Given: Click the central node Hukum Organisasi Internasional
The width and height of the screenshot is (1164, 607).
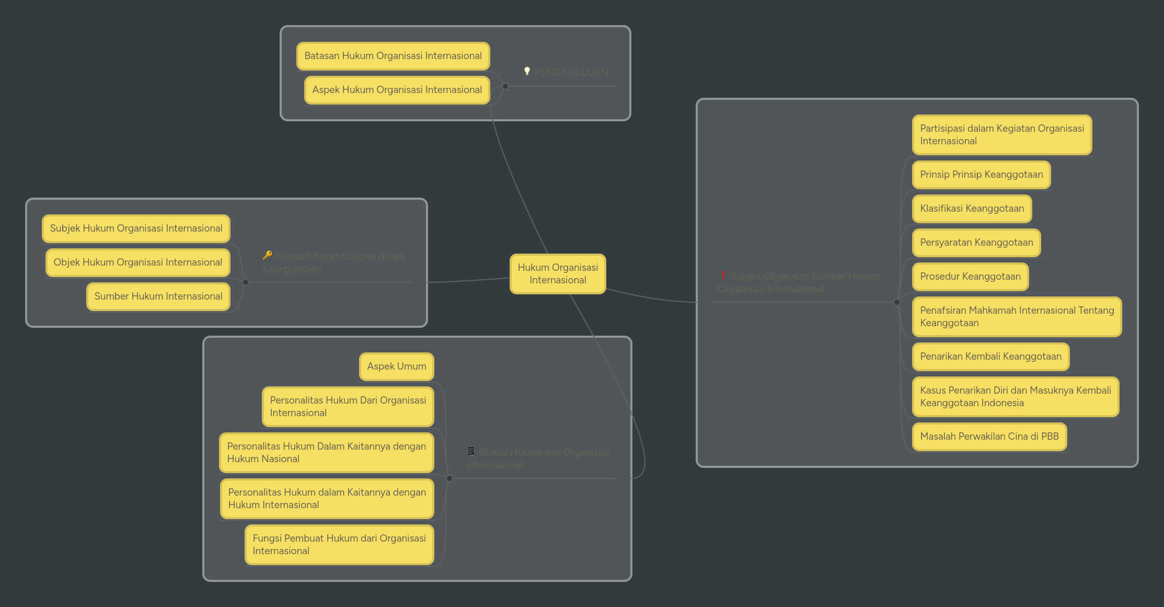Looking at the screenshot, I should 558,273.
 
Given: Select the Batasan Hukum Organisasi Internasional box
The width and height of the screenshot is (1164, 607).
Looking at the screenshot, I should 393,56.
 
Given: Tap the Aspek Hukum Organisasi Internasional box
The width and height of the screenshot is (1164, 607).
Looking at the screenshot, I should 397,90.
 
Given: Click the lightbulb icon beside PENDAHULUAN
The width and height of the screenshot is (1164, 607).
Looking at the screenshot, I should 527,71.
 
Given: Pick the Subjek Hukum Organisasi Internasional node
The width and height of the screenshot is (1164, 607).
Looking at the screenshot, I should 136,228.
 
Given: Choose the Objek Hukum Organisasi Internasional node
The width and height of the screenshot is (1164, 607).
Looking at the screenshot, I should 137,262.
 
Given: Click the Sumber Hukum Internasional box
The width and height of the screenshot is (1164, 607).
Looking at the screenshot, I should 158,296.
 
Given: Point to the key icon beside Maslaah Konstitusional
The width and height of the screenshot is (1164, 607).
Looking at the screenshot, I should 267,255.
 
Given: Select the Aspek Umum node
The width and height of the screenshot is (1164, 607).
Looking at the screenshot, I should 396,367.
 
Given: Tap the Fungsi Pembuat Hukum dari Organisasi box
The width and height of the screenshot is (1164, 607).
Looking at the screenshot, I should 339,544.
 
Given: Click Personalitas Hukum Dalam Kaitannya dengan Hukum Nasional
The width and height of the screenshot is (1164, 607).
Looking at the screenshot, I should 326,452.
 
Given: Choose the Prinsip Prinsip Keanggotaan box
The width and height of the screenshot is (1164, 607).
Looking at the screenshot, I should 981,175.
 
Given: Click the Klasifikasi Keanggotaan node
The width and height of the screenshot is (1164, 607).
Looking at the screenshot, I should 972,209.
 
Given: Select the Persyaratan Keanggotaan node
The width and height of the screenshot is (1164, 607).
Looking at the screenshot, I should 976,243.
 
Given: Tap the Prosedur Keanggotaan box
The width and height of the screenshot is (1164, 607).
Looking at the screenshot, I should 970,277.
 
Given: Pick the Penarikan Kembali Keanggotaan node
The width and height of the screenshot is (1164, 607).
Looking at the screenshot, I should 990,357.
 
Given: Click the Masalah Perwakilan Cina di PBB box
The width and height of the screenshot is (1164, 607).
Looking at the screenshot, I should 989,437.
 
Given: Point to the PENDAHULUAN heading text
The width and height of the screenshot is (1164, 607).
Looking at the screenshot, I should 571,72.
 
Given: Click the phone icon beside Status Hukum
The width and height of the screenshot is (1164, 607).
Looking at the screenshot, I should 471,451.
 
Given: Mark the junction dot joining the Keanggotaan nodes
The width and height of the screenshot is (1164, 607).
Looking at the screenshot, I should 897,302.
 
